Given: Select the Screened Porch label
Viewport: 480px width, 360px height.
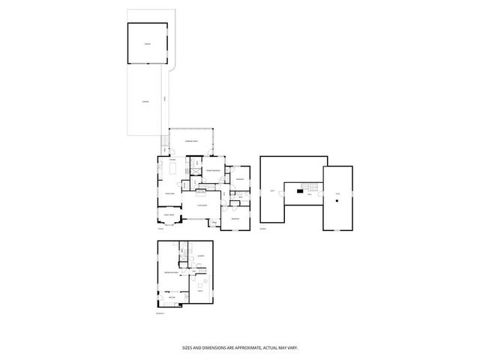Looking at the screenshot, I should (x=192, y=141).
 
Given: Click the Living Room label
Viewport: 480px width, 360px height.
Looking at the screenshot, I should (x=201, y=205).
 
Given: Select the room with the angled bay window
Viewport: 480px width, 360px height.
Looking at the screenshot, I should (x=169, y=217).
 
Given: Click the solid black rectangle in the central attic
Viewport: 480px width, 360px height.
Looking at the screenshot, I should (x=299, y=190).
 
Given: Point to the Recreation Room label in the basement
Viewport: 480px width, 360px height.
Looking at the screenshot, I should (x=172, y=272).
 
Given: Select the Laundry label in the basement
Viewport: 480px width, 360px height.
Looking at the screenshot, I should (x=201, y=255).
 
